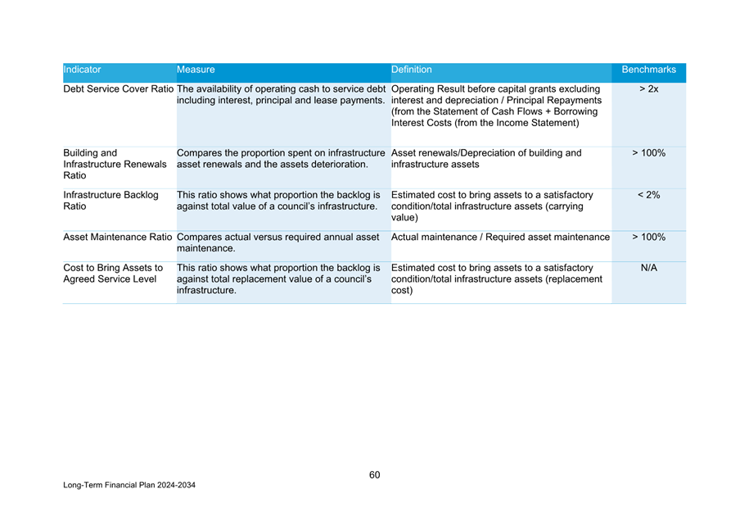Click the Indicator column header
coord(82,70)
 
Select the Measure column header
coord(196,70)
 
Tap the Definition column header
coord(412,70)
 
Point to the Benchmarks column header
coord(648,70)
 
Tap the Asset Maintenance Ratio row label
coord(118,238)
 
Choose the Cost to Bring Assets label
coord(111,274)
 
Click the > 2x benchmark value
coord(648,89)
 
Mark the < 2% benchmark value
coord(648,195)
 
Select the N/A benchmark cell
coord(648,268)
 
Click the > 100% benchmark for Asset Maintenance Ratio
coord(648,238)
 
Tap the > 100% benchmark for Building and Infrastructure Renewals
coord(648,153)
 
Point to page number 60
coord(374,475)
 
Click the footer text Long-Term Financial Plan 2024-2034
coord(129,486)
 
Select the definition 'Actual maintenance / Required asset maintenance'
coord(500,238)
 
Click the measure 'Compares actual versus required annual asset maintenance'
coord(277,242)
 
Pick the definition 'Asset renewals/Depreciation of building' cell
coord(486,159)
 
